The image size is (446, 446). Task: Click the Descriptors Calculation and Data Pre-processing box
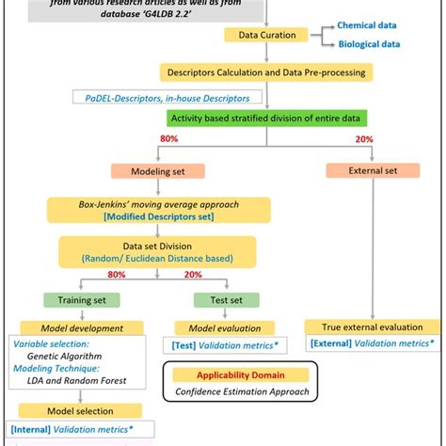coord(267,72)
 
